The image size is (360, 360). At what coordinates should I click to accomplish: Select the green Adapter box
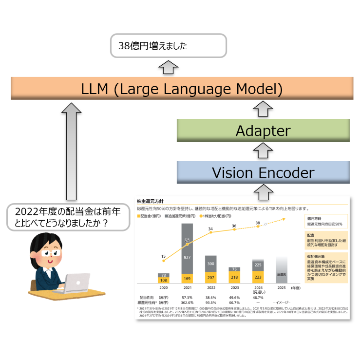click(263, 131)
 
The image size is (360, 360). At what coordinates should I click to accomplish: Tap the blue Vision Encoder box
click(263, 172)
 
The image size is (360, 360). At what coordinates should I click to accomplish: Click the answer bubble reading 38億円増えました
click(169, 46)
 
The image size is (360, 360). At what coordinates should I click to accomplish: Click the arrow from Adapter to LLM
click(263, 109)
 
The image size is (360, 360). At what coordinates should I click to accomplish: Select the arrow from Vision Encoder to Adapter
click(263, 152)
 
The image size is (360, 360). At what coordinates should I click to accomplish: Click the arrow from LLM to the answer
click(169, 67)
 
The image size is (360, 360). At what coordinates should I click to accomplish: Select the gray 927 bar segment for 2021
click(188, 248)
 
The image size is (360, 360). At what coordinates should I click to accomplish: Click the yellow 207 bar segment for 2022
click(211, 277)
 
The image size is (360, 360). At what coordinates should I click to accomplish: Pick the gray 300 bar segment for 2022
click(211, 263)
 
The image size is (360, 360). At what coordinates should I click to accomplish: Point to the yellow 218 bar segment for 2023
click(235, 278)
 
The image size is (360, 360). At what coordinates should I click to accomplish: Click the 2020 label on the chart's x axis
click(164, 288)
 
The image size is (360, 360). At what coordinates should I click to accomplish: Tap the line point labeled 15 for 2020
click(164, 261)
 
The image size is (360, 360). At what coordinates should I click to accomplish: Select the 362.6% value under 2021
click(187, 302)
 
